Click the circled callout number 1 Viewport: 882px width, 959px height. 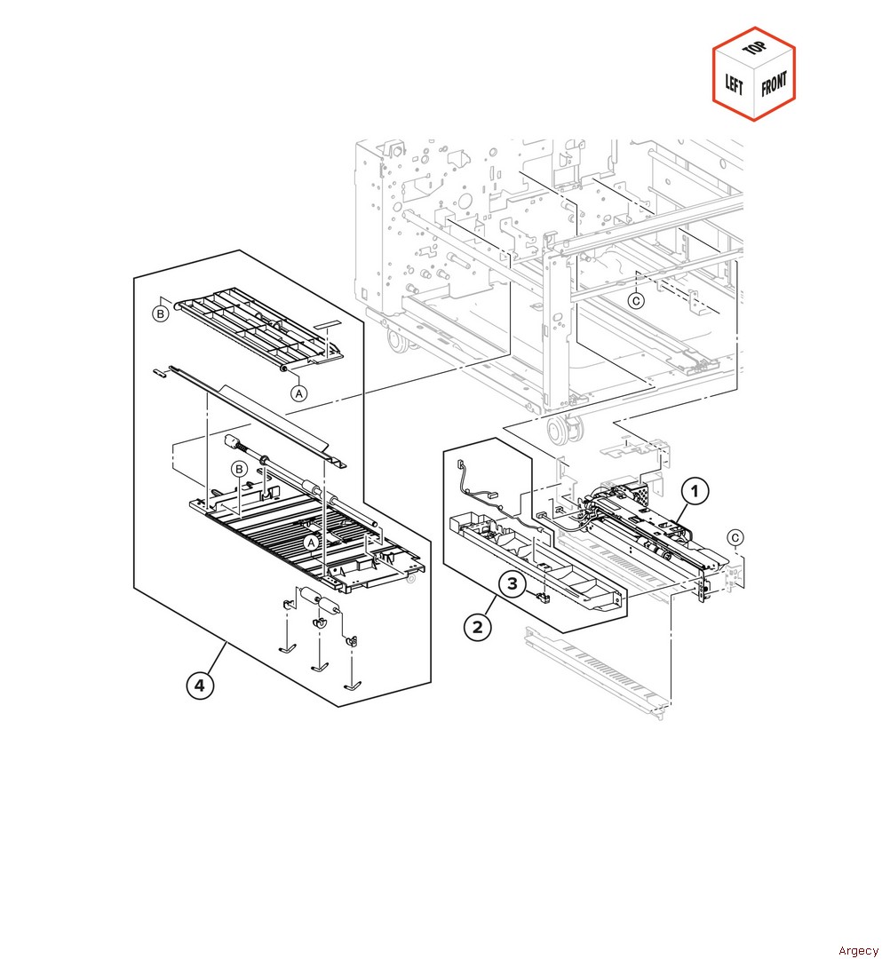tap(695, 489)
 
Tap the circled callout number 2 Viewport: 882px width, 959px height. tap(478, 627)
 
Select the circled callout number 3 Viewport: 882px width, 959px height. tap(513, 584)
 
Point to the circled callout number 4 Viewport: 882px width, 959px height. tap(200, 686)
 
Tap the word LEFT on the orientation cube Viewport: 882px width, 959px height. tap(735, 84)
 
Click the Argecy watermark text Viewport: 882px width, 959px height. tap(856, 950)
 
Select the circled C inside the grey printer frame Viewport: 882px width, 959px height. tap(637, 300)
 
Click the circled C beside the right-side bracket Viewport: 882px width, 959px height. tap(735, 537)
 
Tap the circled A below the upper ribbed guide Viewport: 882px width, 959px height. tap(298, 392)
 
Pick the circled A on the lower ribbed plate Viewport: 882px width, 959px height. tap(312, 542)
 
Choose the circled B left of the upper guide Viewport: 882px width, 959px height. tap(160, 313)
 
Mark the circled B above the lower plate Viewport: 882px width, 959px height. tap(239, 469)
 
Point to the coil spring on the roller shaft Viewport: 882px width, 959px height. tap(234, 445)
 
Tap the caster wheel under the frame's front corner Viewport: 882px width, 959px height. tap(560, 432)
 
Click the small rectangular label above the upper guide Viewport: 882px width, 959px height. tap(330, 316)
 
